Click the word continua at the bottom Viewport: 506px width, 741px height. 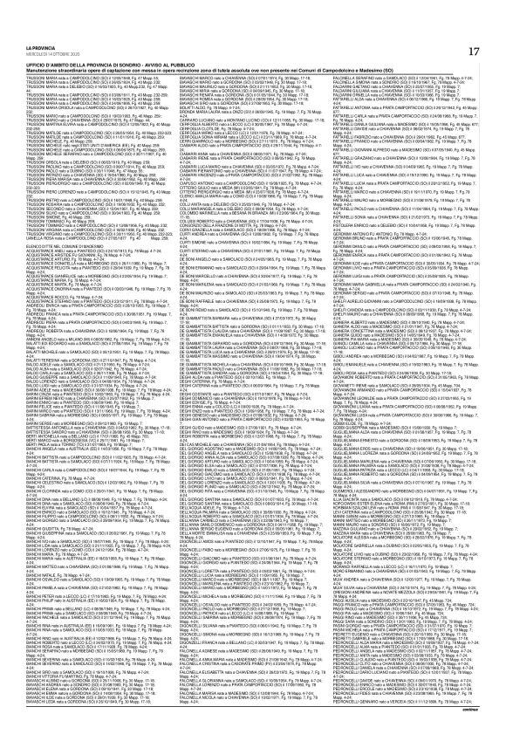pyautogui.click(x=488, y=735)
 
